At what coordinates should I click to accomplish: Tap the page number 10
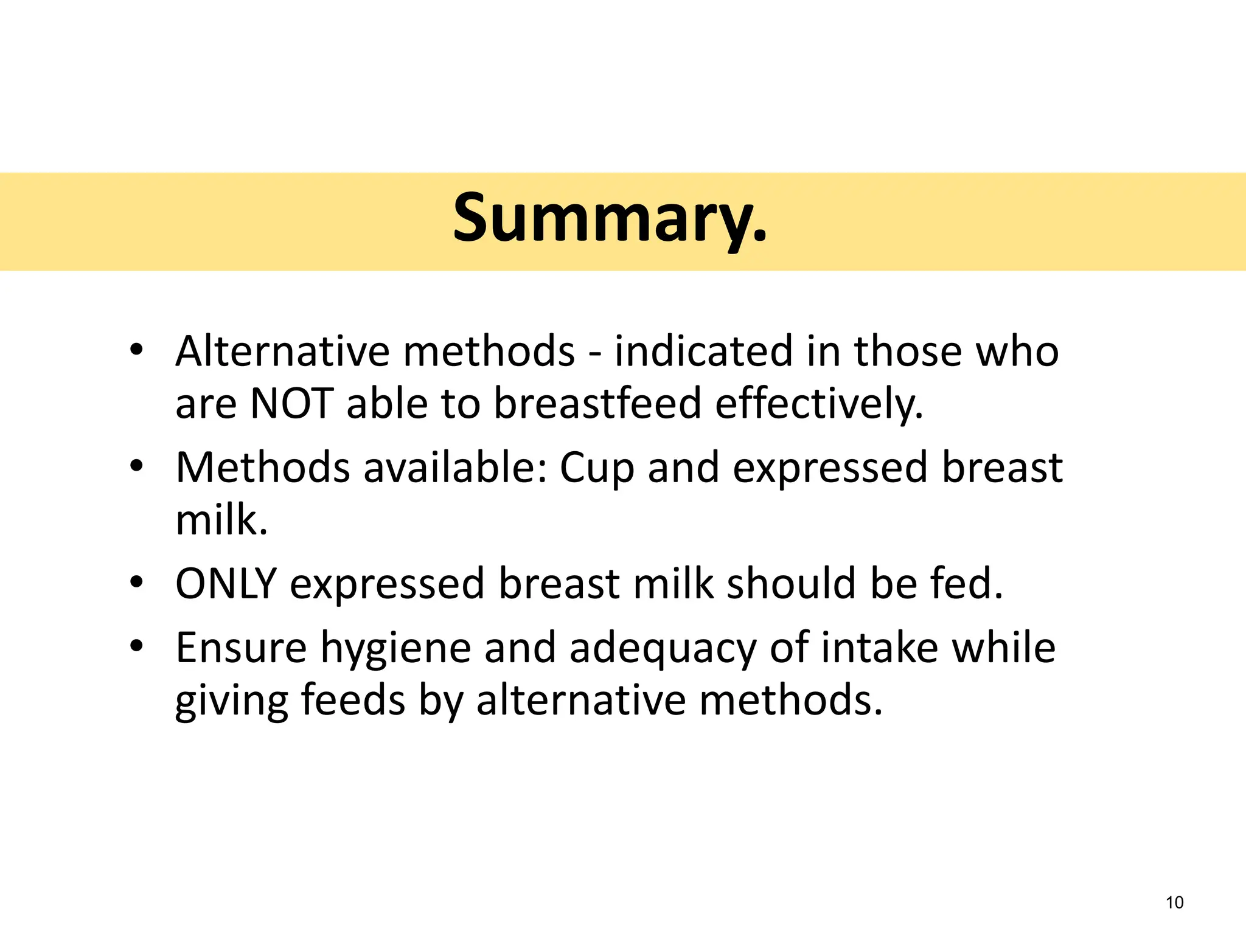1174,902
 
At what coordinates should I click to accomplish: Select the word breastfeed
597,404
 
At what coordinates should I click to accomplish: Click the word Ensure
241,648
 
